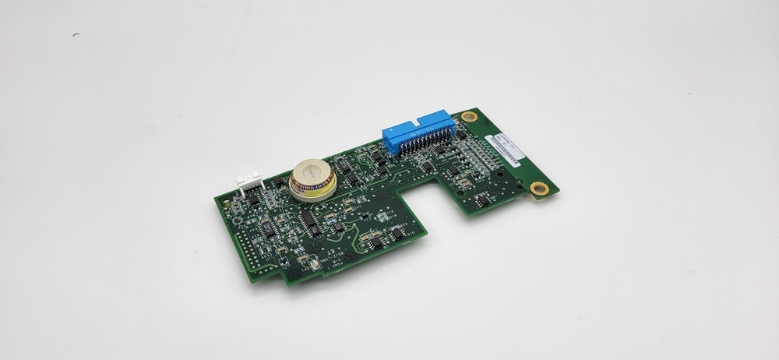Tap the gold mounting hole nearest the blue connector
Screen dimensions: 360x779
coord(467,117)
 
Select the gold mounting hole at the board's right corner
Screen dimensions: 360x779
coord(538,188)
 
